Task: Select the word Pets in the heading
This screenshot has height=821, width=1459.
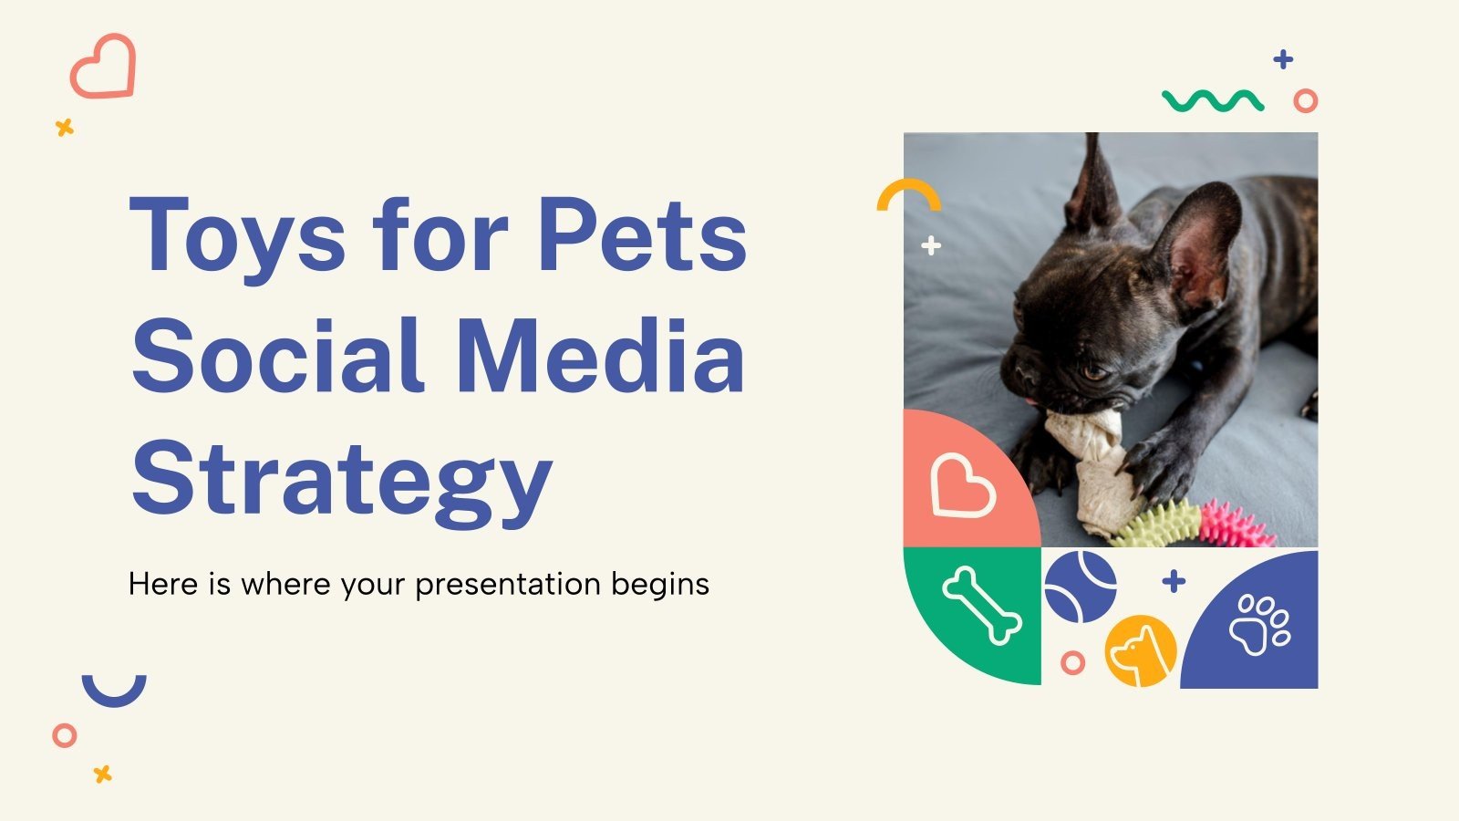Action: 642,235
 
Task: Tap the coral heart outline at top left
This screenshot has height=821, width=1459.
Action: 103,67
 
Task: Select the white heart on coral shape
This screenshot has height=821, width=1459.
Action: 961,486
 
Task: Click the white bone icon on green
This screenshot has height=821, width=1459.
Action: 981,605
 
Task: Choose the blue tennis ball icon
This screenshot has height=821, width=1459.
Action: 1081,586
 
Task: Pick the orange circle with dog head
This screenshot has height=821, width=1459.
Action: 1140,650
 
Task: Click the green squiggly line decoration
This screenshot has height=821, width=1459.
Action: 1213,100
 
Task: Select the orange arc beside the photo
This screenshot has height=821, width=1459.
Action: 908,194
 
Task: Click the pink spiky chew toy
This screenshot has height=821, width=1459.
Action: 1236,525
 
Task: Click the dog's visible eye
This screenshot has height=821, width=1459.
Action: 1092,372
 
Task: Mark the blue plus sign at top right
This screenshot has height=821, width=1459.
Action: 1284,60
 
